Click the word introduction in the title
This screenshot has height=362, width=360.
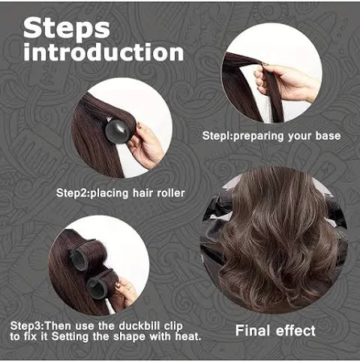(x=104, y=52)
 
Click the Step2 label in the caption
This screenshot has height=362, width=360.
(x=72, y=193)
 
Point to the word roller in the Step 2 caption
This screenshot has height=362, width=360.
(x=171, y=193)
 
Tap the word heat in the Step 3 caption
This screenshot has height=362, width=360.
(x=188, y=336)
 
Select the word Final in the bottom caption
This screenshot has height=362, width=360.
(x=252, y=331)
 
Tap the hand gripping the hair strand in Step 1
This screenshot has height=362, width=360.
(x=284, y=82)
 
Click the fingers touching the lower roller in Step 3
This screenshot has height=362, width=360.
(x=126, y=290)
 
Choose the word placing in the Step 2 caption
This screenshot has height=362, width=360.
(x=110, y=193)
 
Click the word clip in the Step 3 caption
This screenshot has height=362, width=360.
(x=173, y=327)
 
